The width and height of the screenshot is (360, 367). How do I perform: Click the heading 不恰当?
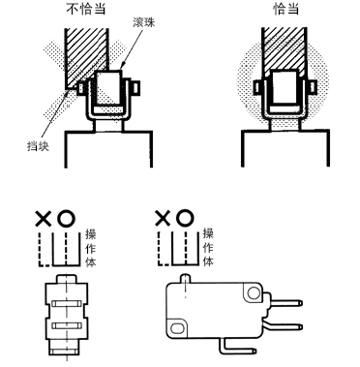86,9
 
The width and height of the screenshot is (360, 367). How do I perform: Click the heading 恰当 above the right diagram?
285,9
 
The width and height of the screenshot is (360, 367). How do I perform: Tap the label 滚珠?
144,22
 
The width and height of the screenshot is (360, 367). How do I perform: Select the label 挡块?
38,146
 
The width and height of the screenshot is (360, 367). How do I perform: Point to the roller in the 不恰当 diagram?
109,88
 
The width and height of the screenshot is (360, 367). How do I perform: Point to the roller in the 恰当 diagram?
285,87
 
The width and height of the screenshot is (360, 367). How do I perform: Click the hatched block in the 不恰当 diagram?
85,55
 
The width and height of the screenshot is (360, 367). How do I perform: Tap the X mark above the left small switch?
44,219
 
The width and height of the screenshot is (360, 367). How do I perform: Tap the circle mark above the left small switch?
66,219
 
